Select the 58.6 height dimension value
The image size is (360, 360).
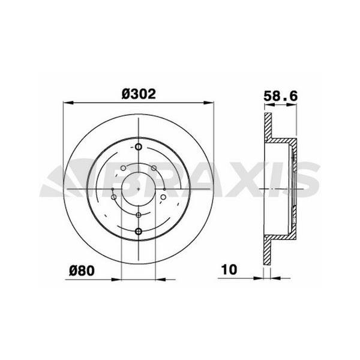281,94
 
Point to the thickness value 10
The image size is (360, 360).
228,269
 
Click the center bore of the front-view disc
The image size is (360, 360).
139,188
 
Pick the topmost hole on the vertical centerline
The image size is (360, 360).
139,147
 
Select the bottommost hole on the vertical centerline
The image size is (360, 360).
139,231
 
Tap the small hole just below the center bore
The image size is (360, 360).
139,215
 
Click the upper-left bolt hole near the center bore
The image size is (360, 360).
123,168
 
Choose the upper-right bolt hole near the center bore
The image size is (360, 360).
154,168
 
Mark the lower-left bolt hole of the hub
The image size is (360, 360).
113,196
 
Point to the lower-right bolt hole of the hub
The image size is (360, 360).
164,196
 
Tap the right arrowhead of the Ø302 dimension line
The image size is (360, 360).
211,101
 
